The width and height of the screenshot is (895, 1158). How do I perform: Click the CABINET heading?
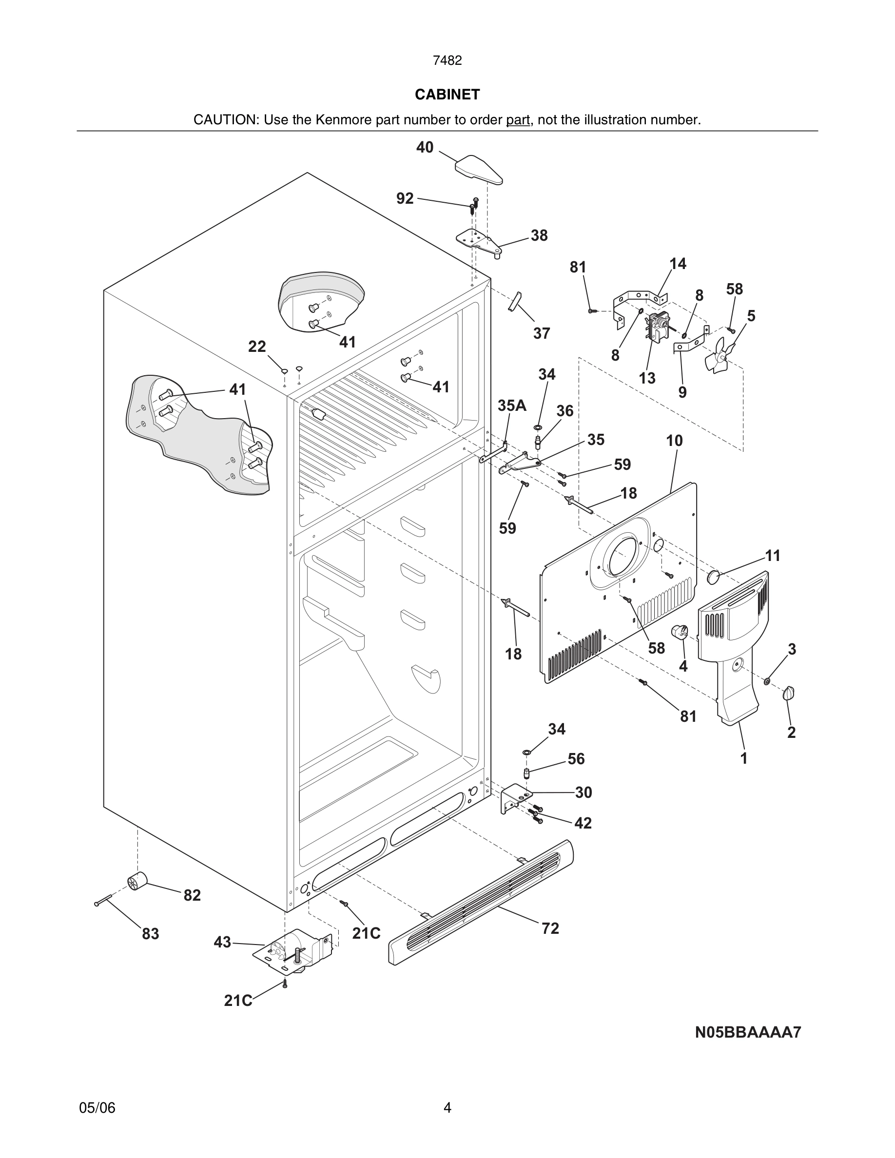click(447, 95)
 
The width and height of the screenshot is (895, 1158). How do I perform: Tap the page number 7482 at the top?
click(447, 61)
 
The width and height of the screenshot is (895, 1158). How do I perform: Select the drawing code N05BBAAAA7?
click(748, 1032)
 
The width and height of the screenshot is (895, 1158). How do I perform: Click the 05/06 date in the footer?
click(97, 1108)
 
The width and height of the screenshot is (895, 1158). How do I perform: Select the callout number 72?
click(550, 928)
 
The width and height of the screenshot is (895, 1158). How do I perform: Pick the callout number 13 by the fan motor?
click(647, 378)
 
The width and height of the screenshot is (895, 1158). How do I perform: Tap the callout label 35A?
click(512, 405)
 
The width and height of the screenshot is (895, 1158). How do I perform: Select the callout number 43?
click(223, 942)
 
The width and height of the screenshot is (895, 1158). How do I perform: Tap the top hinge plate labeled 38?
click(479, 241)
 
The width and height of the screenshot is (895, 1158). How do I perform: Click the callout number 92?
click(405, 198)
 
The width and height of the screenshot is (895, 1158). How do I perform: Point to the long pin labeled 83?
click(103, 901)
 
